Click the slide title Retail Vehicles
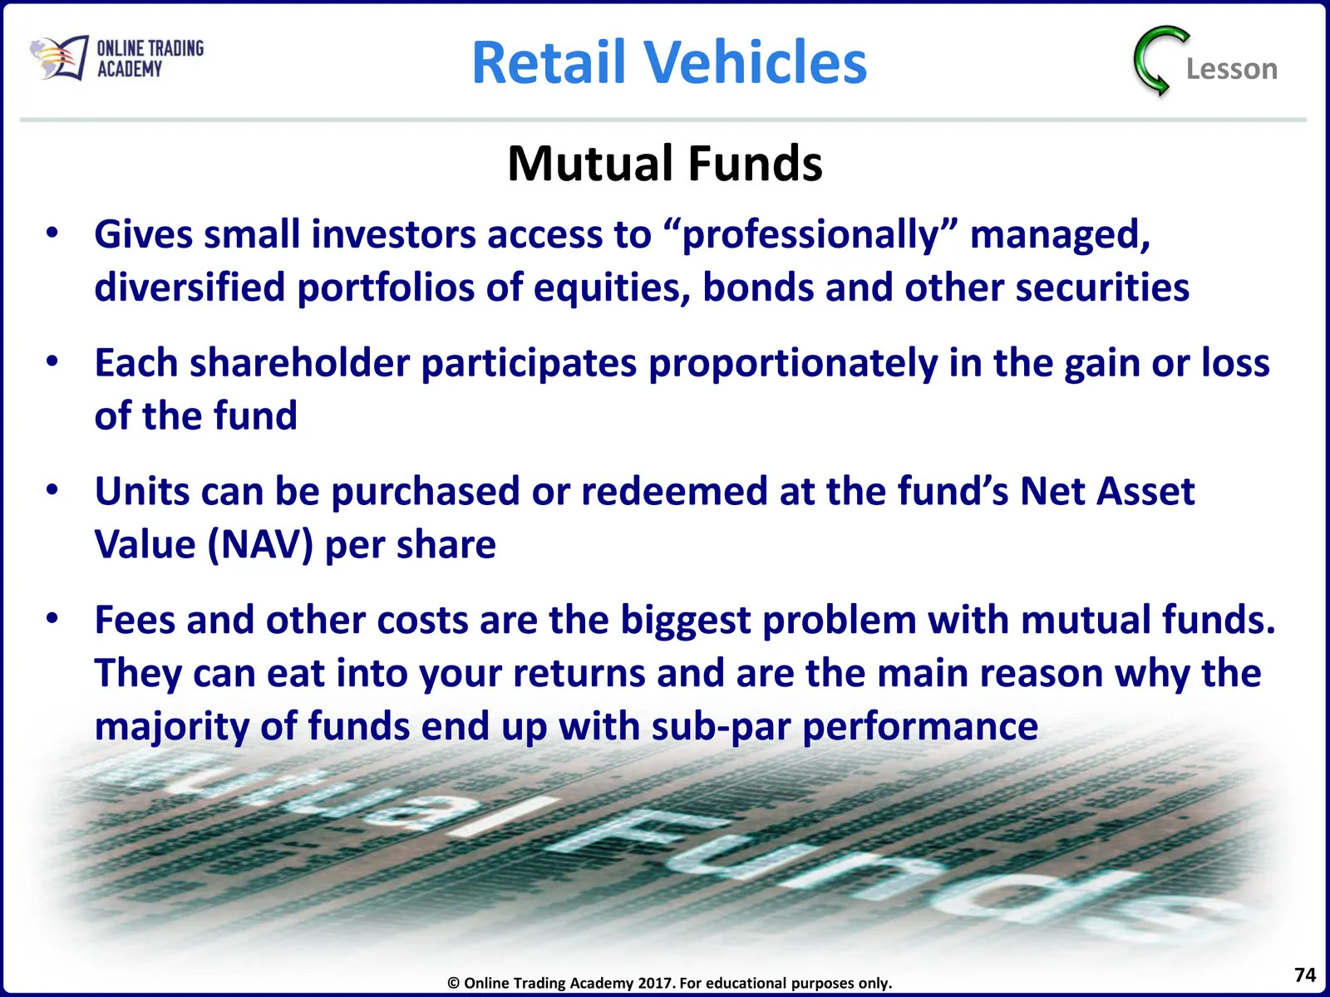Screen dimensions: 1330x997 tap(669, 61)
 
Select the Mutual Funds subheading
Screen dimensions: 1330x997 tap(665, 164)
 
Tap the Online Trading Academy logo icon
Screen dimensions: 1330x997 tap(59, 57)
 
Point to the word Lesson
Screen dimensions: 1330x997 tap(1232, 69)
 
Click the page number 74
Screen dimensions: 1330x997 tap(1304, 975)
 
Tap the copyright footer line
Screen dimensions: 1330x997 tap(669, 983)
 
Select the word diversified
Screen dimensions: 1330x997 tap(190, 287)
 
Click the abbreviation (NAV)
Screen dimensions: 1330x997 tap(260, 544)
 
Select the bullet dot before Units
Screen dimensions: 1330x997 tap(52, 489)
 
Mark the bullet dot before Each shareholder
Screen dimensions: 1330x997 tap(52, 361)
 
